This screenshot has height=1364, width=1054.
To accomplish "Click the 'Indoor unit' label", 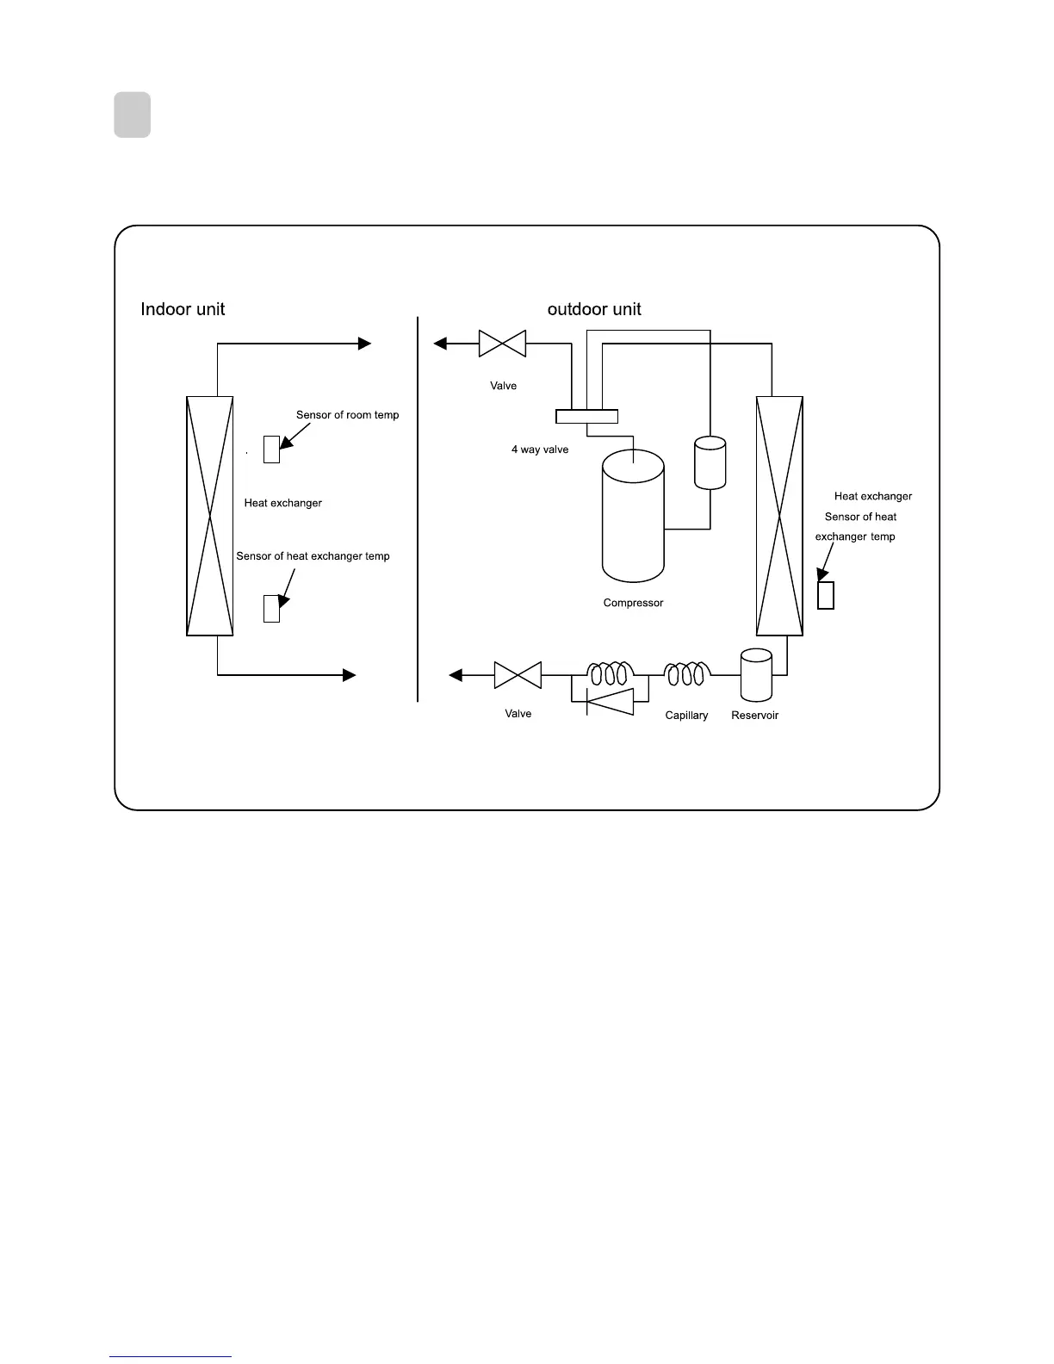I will pyautogui.click(x=183, y=309).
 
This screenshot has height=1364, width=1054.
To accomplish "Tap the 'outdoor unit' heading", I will pyautogui.click(x=594, y=309).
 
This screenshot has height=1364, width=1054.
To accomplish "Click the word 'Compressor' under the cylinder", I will pyautogui.click(x=633, y=603).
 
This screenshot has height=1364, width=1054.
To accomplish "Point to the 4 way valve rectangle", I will pyautogui.click(x=586, y=417).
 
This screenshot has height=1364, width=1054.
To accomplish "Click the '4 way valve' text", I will pyautogui.click(x=540, y=449).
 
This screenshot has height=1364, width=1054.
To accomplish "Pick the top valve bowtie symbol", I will pyautogui.click(x=502, y=344).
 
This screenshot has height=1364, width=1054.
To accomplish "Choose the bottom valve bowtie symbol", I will pyautogui.click(x=518, y=675).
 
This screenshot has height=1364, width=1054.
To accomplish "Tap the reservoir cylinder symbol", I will pyautogui.click(x=756, y=674).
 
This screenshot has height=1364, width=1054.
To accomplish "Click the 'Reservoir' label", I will pyautogui.click(x=754, y=716).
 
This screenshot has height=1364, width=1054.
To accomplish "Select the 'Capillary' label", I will pyautogui.click(x=686, y=716).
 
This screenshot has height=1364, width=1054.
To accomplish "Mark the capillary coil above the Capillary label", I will pyautogui.click(x=686, y=673).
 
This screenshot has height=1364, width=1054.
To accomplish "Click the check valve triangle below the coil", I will pyautogui.click(x=610, y=702).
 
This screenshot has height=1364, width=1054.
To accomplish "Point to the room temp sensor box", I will pyautogui.click(x=271, y=449).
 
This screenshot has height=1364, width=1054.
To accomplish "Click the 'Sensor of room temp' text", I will pyautogui.click(x=347, y=415).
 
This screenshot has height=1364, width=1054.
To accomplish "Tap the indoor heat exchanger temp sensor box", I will pyautogui.click(x=271, y=608).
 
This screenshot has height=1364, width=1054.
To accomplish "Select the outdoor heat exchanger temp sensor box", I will pyautogui.click(x=825, y=595).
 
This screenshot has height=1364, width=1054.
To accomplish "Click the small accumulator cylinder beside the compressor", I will pyautogui.click(x=710, y=462).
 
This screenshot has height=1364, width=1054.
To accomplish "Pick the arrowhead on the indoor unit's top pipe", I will pyautogui.click(x=364, y=344).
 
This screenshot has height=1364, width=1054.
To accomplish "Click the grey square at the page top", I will pyautogui.click(x=133, y=115).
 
